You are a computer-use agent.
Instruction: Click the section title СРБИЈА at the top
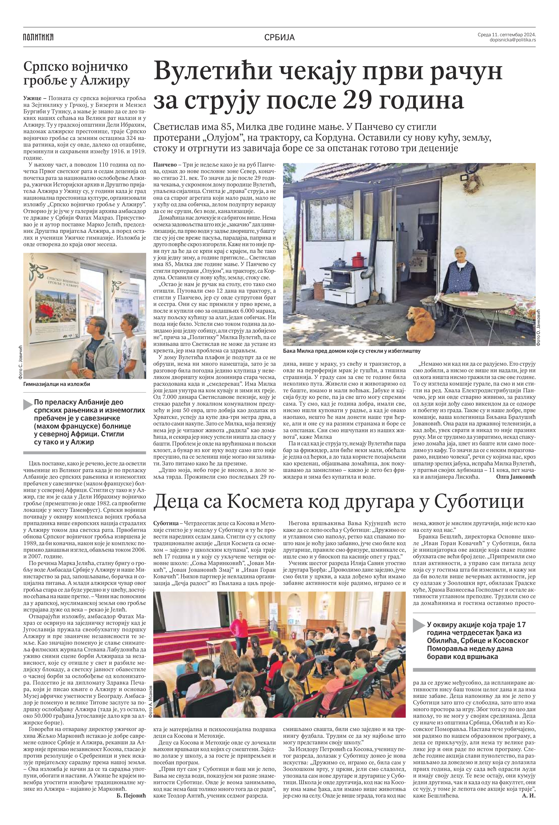[x=279, y=37]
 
